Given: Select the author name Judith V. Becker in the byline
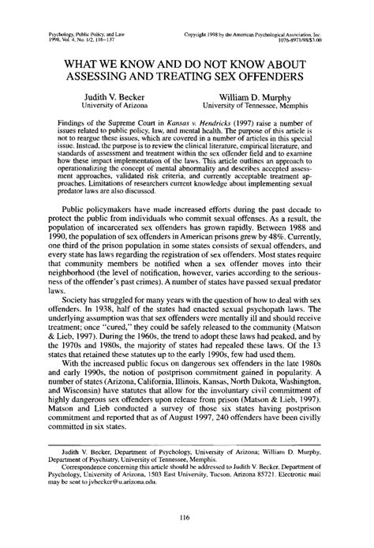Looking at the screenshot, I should pyautogui.click(x=118, y=95).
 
